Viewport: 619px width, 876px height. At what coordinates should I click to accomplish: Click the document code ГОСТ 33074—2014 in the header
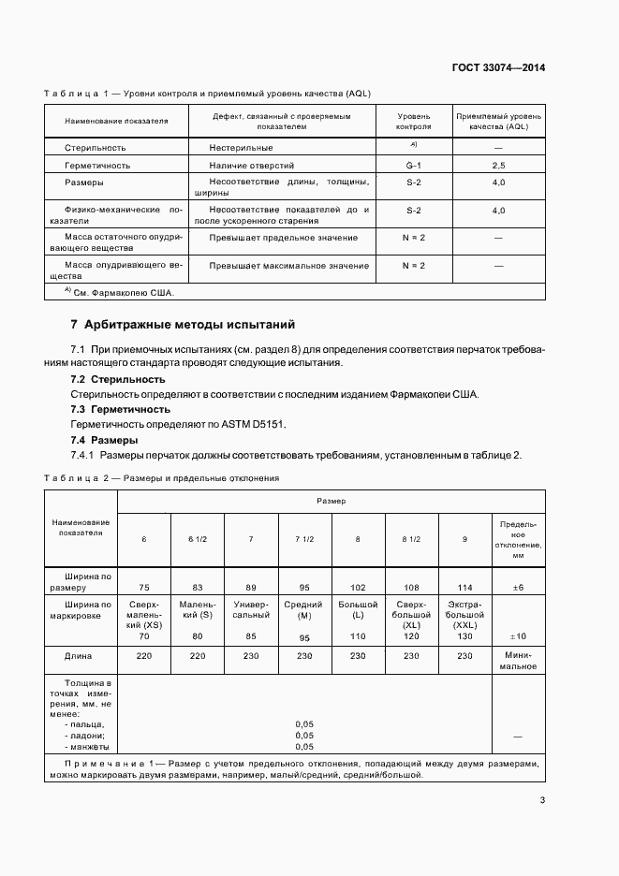coord(498,67)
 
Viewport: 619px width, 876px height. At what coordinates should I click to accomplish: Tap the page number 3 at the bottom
coord(542,799)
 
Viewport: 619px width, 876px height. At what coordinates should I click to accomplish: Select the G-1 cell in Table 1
coord(413,166)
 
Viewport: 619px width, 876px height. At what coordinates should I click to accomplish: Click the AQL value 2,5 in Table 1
coord(498,166)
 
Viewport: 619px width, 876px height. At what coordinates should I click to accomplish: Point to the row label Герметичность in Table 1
coord(97,166)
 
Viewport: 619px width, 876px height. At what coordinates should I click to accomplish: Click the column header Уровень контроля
coord(413,121)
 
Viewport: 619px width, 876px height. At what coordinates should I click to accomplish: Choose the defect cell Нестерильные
coord(242,148)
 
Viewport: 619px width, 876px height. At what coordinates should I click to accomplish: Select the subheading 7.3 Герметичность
coord(121,409)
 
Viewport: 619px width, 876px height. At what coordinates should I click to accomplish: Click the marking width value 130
coord(465,636)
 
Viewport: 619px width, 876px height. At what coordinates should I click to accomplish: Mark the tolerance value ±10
coord(518,636)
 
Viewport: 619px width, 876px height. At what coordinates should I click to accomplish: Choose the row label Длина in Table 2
coord(78,657)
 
